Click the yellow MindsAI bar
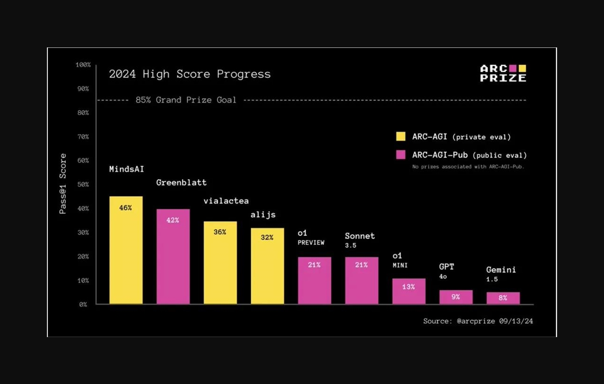pyautogui.click(x=126, y=250)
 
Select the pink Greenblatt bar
pyautogui.click(x=173, y=257)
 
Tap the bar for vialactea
pyautogui.click(x=220, y=263)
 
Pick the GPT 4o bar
pyautogui.click(x=456, y=297)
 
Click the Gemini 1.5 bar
pyautogui.click(x=503, y=298)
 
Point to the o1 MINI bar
pyautogui.click(x=409, y=291)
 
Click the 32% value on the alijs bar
pyautogui.click(x=267, y=237)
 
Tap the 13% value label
pyautogui.click(x=409, y=287)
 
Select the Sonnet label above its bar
pyautogui.click(x=360, y=236)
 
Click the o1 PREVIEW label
pyautogui.click(x=311, y=238)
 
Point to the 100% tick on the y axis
pyautogui.click(x=83, y=65)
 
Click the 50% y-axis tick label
pyautogui.click(x=83, y=185)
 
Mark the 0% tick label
pyautogui.click(x=83, y=304)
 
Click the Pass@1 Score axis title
pyautogui.click(x=63, y=184)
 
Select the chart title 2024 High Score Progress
pyautogui.click(x=190, y=74)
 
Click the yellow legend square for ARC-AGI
pyautogui.click(x=400, y=136)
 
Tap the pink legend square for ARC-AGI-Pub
pyautogui.click(x=400, y=155)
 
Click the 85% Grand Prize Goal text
pyautogui.click(x=186, y=100)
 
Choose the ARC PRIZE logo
pyautogui.click(x=503, y=73)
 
